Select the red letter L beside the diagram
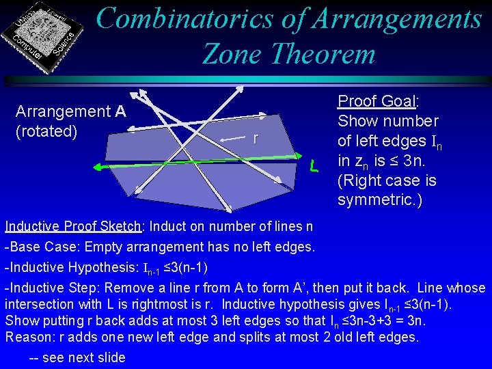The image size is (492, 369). (312, 166)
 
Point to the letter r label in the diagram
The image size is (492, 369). (256, 138)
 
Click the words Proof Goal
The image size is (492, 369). (377, 102)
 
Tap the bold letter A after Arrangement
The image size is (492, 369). (120, 111)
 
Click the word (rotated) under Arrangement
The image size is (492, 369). (46, 131)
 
